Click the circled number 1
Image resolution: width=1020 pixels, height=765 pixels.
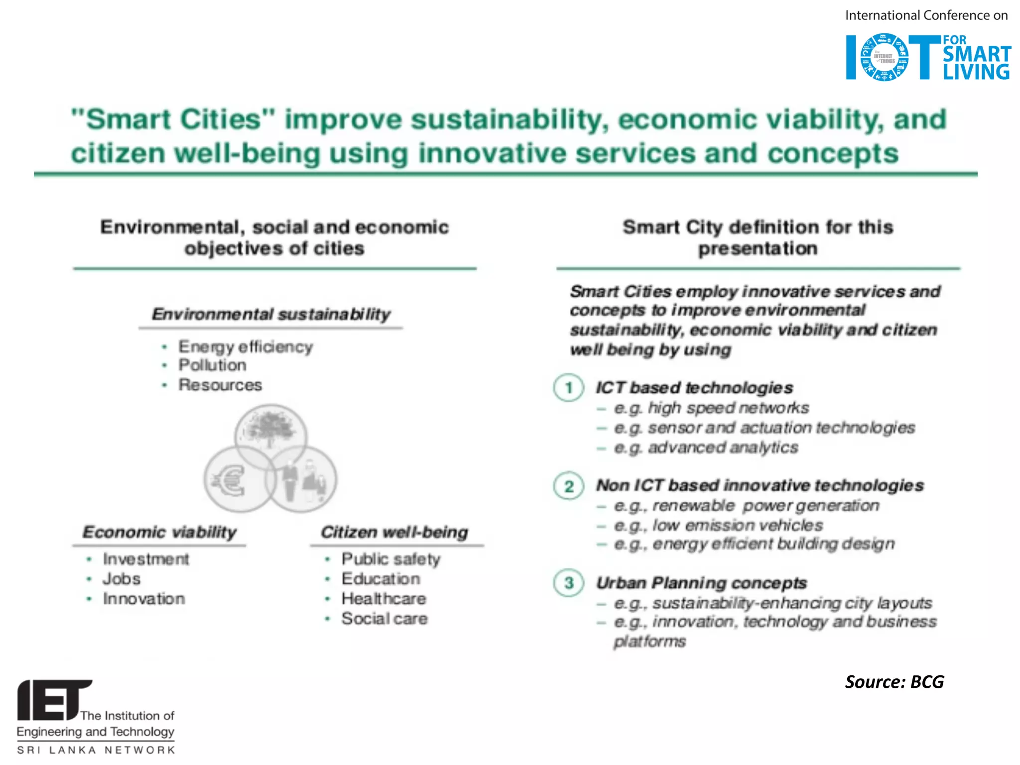568,387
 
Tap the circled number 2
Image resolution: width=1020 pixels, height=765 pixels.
568,486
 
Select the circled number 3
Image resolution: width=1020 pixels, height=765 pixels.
568,583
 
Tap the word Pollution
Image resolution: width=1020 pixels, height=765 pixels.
212,365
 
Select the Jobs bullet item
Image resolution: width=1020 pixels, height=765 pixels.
122,579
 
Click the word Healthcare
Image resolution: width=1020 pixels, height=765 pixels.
383,599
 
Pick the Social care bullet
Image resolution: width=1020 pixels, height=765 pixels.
384,619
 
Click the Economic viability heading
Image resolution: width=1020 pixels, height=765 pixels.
159,532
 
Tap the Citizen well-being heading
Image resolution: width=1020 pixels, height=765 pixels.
394,532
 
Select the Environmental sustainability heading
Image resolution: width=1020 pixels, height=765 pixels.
271,314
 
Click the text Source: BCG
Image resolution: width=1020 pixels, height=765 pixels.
894,681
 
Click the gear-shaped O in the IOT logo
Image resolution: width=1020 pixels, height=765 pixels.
884,57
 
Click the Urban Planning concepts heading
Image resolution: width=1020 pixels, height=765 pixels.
701,583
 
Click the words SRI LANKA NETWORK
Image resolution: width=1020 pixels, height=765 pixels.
96,750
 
